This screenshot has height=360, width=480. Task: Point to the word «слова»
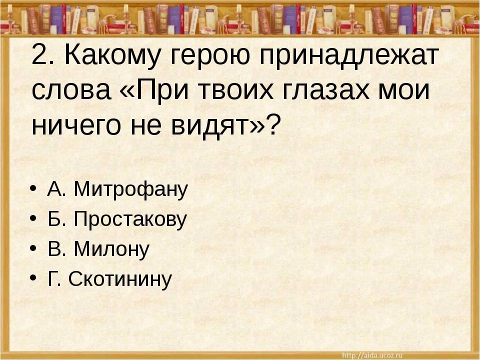(x=71, y=91)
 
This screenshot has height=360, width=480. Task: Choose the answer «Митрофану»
(x=130, y=190)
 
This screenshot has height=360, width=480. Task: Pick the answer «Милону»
(x=111, y=248)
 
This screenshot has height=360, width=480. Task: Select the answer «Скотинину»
(x=120, y=279)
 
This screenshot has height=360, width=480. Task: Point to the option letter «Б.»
(x=57, y=219)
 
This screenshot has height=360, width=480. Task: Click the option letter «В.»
(x=57, y=249)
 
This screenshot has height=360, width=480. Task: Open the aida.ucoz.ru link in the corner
(x=372, y=355)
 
